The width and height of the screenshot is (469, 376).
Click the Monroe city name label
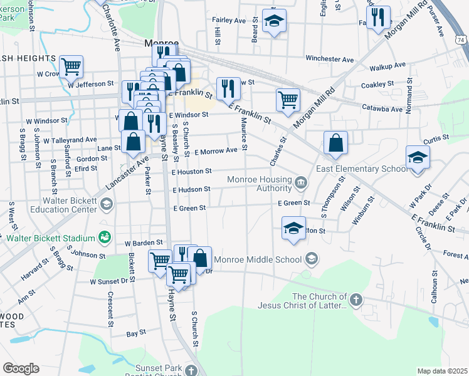tap(161, 44)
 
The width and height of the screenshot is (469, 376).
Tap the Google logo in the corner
tap(21, 368)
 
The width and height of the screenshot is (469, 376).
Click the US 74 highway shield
tap(461, 39)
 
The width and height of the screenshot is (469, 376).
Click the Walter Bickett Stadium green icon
tap(104, 238)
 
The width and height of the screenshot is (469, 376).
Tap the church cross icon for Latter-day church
tap(356, 300)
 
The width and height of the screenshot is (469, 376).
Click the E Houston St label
tap(191, 170)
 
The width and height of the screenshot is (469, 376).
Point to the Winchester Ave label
tap(330, 59)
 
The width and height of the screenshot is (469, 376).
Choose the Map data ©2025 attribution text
tap(442, 371)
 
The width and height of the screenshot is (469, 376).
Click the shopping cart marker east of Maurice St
tap(288, 100)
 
